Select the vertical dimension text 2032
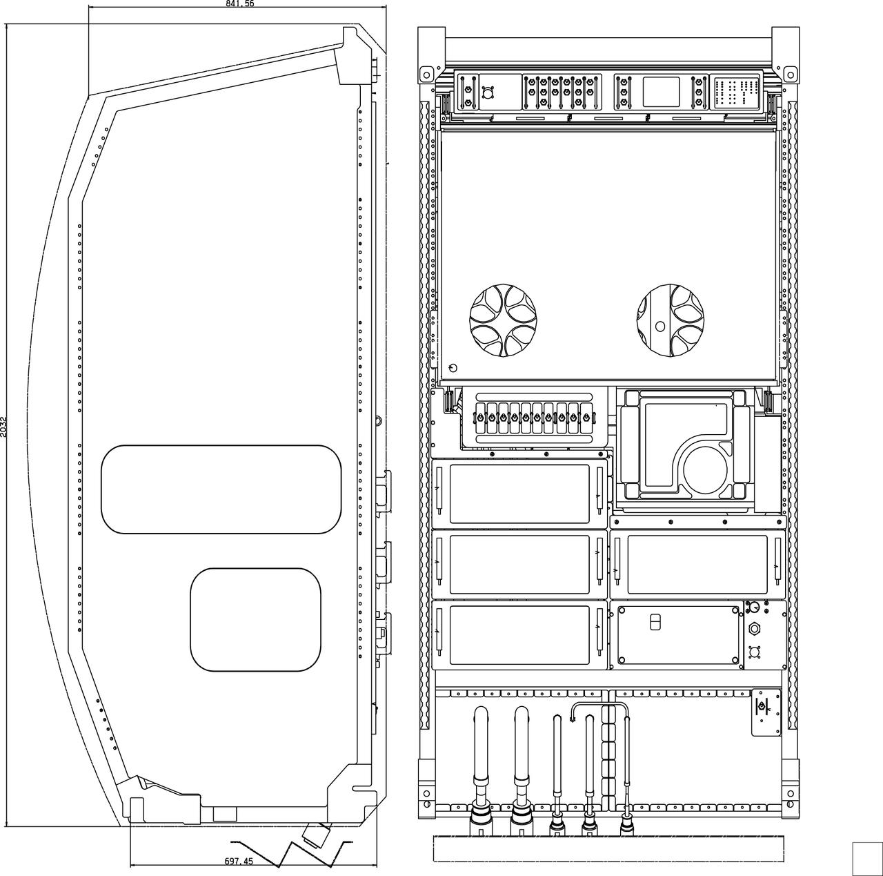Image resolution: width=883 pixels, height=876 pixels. tap(3, 426)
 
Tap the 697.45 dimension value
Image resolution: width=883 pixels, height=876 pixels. tap(239, 861)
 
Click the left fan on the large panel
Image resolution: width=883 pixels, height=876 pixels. tap(503, 321)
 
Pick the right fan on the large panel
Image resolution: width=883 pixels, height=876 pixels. tap(670, 321)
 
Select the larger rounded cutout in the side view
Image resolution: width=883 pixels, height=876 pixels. tap(221, 489)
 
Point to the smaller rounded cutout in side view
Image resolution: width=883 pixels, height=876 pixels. tap(256, 619)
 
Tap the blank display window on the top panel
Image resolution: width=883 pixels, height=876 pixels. tap(661, 92)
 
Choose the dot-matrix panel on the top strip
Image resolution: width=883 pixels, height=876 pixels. tap(736, 92)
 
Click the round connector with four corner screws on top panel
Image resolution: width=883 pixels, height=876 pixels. tap(488, 92)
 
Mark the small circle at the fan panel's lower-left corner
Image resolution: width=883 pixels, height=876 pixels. tap(453, 367)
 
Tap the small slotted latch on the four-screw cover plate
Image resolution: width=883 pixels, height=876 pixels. tap(655, 623)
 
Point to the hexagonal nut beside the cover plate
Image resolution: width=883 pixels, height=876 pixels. tap(755, 629)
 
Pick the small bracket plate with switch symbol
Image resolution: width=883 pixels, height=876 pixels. tap(765, 712)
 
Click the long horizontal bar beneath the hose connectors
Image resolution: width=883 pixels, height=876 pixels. tap(608, 848)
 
